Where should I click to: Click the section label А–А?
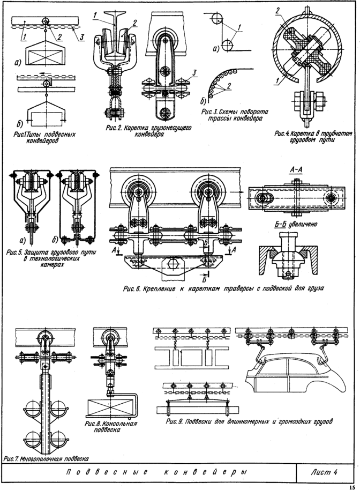296,170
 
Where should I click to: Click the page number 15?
351,488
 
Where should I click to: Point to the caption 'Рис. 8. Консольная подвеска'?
111,426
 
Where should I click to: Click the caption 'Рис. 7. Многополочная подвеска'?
45,459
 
